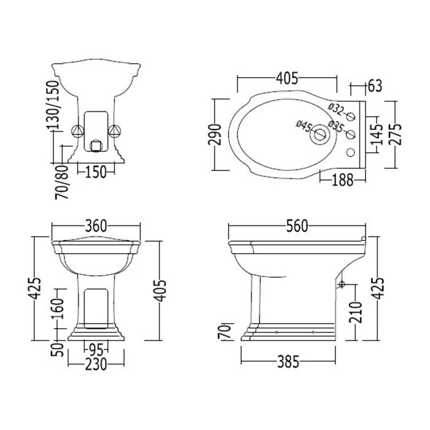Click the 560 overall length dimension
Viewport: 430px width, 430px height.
(x=297, y=226)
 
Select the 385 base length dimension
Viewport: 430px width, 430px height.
(x=288, y=361)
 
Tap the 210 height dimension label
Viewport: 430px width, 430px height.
(x=356, y=312)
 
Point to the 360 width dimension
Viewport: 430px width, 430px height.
(x=96, y=226)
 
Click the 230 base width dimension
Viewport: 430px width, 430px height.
(x=96, y=365)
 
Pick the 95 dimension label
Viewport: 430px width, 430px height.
(x=96, y=351)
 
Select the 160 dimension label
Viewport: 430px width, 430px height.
(x=58, y=308)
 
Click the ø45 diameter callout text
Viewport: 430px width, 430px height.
(x=304, y=126)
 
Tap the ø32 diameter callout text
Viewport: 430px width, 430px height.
(x=336, y=109)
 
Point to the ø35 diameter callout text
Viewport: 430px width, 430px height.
(x=336, y=126)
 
